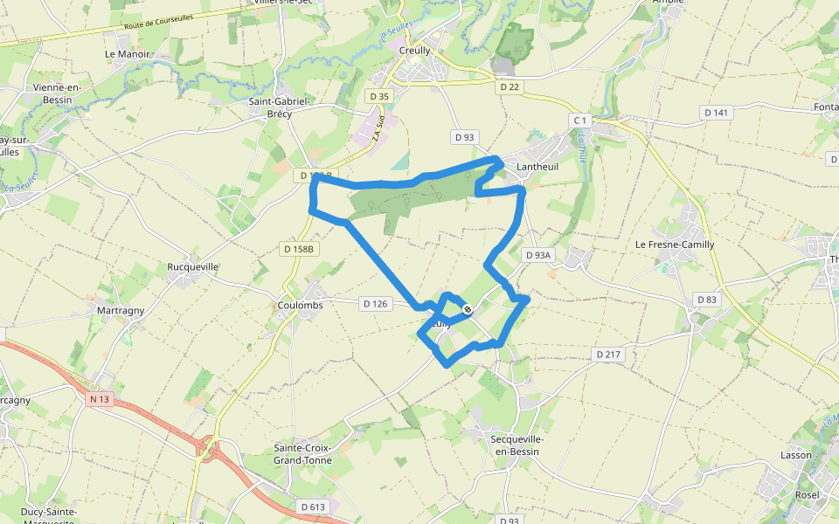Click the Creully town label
click(x=414, y=51)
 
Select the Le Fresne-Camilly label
click(x=675, y=245)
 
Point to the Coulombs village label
click(x=300, y=305)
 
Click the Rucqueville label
click(x=192, y=266)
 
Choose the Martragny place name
click(x=121, y=310)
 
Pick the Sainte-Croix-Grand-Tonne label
click(x=302, y=454)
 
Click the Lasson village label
click(x=796, y=455)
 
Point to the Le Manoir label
click(x=128, y=53)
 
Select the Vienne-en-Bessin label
click(x=57, y=93)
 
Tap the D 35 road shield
click(x=378, y=96)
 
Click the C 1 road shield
click(x=579, y=119)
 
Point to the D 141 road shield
click(x=717, y=112)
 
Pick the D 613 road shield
click(x=312, y=507)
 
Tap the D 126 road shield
click(x=373, y=303)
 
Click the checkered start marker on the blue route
click(x=468, y=308)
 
